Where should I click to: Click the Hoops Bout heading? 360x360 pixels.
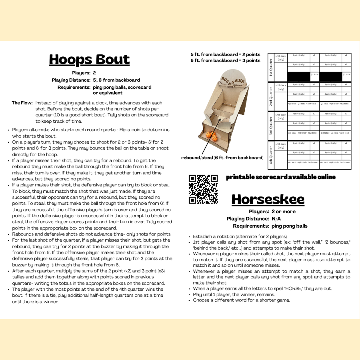89,60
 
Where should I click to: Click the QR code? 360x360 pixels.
203,189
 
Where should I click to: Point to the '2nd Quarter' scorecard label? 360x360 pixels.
271,96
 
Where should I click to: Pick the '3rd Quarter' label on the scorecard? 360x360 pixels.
271,126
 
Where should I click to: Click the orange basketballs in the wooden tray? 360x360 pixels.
213,136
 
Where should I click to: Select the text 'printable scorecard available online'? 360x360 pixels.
281,177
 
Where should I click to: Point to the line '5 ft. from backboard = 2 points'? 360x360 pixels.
225,54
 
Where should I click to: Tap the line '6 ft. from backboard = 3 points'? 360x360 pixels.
225,60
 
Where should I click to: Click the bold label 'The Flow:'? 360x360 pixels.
22,103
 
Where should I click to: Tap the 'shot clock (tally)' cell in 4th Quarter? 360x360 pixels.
281,146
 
